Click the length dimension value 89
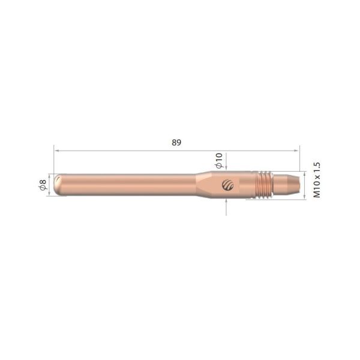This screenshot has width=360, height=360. [176, 142]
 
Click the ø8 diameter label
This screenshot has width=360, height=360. [43, 185]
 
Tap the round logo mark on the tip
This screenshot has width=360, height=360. [227, 184]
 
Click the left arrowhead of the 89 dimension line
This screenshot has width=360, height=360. [56, 150]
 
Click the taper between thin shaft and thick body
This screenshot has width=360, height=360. [200, 184]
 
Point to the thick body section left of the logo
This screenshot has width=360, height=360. [213, 184]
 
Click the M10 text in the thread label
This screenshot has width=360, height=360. [317, 189]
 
